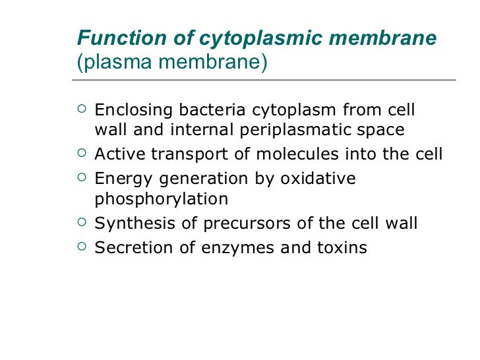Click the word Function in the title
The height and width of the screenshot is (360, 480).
click(x=109, y=39)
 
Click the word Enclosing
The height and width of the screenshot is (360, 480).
click(x=133, y=109)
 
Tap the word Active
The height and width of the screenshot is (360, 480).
click(x=120, y=154)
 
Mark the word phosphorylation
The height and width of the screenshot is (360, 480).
click(x=162, y=199)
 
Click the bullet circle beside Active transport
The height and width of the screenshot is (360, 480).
click(x=81, y=154)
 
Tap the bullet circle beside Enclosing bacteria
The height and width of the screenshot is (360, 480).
click(x=81, y=109)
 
